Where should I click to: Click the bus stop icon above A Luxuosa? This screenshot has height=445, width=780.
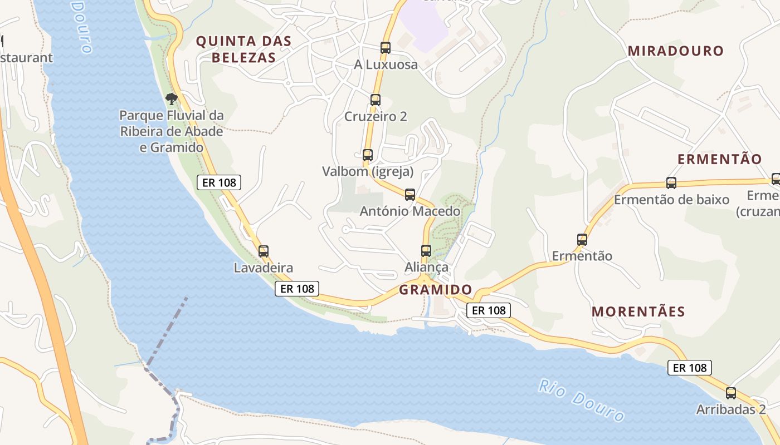tap(385, 48)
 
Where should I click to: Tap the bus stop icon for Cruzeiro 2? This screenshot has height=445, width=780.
tap(376, 100)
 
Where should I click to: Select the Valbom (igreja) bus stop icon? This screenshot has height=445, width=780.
tap(368, 155)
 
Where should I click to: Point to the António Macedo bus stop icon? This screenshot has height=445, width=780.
tap(410, 195)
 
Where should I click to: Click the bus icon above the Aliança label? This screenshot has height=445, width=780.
tap(426, 251)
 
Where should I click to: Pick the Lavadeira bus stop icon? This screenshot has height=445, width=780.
tap(264, 251)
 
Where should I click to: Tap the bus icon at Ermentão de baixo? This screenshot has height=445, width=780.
tap(671, 183)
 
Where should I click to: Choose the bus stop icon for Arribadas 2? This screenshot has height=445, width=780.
tap(731, 394)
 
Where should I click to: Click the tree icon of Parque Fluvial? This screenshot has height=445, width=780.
tap(172, 100)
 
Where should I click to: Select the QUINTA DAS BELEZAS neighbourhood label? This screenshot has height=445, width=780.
tap(244, 49)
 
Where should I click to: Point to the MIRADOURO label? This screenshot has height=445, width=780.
tap(675, 51)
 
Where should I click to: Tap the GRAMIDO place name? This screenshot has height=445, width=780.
tap(435, 290)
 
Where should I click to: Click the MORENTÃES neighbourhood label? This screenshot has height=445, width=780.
tap(638, 311)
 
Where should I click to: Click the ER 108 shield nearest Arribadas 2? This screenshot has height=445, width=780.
tap(689, 368)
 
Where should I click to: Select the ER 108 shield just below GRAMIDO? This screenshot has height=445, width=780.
tap(488, 310)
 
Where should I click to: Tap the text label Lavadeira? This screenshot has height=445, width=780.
tap(263, 268)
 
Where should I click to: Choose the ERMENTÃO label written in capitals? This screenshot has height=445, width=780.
tap(719, 159)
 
